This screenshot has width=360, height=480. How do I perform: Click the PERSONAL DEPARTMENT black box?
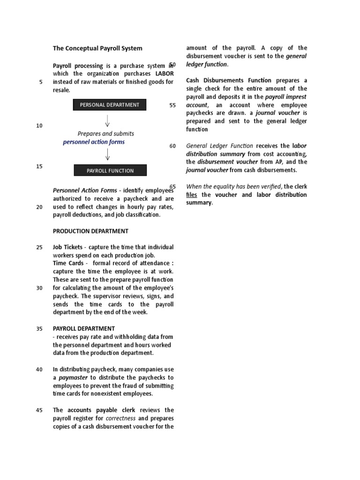tap(110, 105)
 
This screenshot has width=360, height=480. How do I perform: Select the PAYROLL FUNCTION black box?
tap(110, 171)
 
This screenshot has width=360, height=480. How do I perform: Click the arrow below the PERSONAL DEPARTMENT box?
tap(107, 121)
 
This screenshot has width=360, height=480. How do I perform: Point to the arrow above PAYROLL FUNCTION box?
tap(107, 154)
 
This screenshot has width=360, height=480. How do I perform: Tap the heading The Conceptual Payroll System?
tap(97, 48)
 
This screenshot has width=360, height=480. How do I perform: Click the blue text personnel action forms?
tap(94, 142)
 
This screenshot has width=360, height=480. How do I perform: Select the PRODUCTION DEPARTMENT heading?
tap(90, 231)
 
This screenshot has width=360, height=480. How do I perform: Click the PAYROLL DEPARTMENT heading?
tap(84, 329)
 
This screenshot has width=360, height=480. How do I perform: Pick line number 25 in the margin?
tap(39, 247)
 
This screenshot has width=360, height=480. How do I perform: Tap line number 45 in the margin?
tap(39, 410)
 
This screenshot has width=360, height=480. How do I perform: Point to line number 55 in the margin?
tap(172, 105)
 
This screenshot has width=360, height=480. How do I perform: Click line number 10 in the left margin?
tap(39, 126)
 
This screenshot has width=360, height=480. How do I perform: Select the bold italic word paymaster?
tap(72, 378)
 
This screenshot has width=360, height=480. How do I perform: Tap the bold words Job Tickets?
tap(67, 247)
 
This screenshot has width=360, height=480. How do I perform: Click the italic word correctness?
tap(120, 418)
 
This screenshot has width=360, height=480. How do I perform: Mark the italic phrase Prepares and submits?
tap(106, 134)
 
